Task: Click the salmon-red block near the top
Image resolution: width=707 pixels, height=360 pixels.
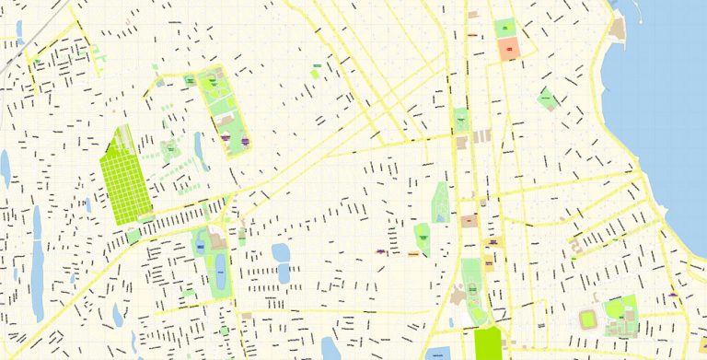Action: [x=509, y=49]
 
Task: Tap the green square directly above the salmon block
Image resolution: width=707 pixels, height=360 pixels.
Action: [x=506, y=28]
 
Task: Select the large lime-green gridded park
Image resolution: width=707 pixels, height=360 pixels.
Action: [x=125, y=175]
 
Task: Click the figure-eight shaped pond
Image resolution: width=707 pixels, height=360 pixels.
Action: [x=282, y=262]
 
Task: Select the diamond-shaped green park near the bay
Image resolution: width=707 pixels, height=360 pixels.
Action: [x=548, y=98]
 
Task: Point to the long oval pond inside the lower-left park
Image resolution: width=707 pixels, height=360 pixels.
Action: [x=220, y=273]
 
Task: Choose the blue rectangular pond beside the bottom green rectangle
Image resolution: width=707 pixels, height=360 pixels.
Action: [x=440, y=354]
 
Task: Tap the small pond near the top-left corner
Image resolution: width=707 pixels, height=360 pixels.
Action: [x=18, y=29]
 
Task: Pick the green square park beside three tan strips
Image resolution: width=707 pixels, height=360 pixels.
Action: [x=461, y=120]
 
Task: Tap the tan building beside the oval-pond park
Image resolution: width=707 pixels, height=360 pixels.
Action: [x=218, y=242]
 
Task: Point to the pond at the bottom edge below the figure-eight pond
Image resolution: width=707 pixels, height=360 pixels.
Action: [x=329, y=348]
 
